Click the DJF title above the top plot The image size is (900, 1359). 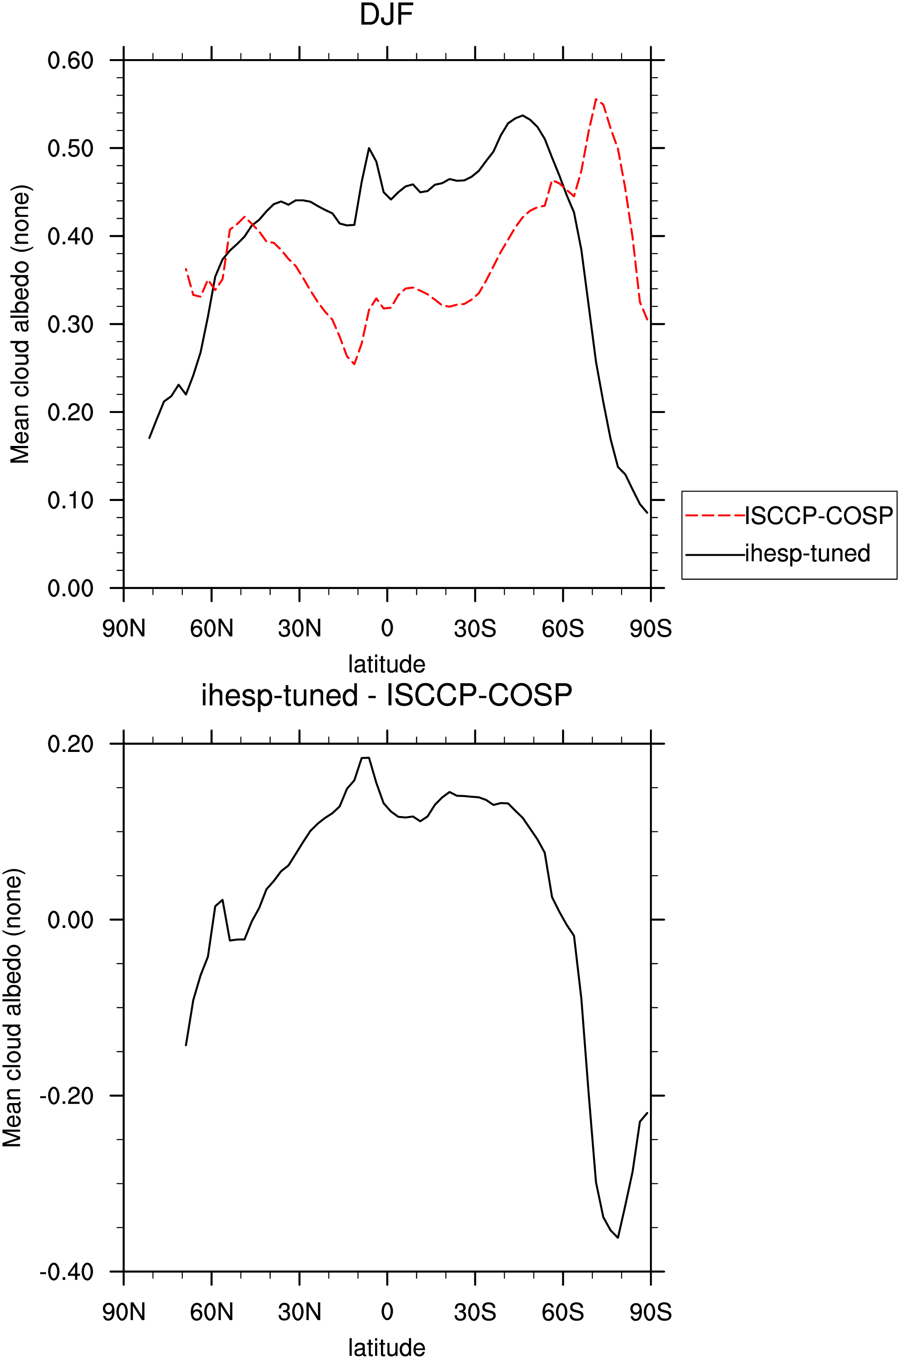pos(386,15)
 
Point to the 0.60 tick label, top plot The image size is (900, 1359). pos(70,60)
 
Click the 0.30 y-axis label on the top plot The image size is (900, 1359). pos(70,324)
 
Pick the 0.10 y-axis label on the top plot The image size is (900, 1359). pos(70,501)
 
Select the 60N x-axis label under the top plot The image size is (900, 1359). pos(212,628)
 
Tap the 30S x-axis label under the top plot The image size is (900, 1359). pos(475,628)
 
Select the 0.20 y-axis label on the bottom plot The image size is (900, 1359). pos(70,744)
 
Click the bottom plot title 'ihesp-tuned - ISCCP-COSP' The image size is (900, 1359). pos(386,696)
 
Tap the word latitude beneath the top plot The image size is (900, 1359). pos(387,664)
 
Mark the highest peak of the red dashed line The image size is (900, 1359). pos(596,99)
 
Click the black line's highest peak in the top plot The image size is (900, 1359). pos(522,116)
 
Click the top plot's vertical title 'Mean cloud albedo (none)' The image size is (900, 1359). pos(20,324)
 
